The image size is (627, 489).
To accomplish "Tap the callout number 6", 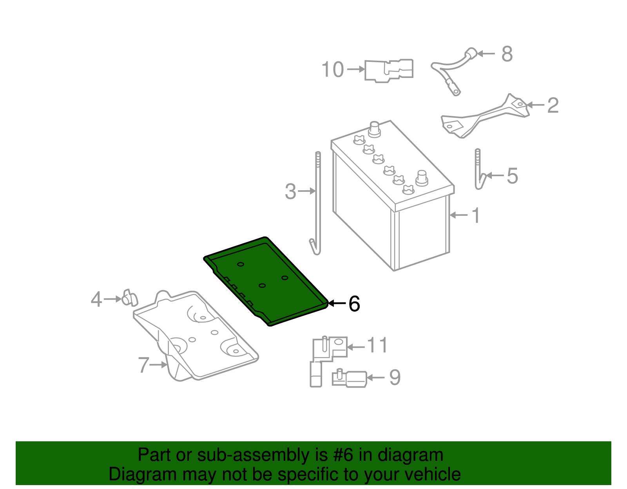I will tap(354, 304).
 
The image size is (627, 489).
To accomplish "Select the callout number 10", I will tap(332, 70).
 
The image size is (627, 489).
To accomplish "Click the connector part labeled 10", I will tap(388, 70).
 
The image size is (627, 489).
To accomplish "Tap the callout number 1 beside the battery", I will tap(476, 216).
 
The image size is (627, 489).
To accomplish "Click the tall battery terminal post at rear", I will tap(375, 129).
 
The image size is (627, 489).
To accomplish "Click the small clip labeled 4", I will tap(129, 298).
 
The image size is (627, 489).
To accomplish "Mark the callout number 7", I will tap(144, 365).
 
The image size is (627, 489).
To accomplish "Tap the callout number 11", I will tap(377, 346).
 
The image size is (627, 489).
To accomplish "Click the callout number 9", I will tap(395, 378).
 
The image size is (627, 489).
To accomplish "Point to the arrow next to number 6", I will tap(336, 303).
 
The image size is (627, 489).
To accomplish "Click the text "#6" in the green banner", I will tap(343, 455).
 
